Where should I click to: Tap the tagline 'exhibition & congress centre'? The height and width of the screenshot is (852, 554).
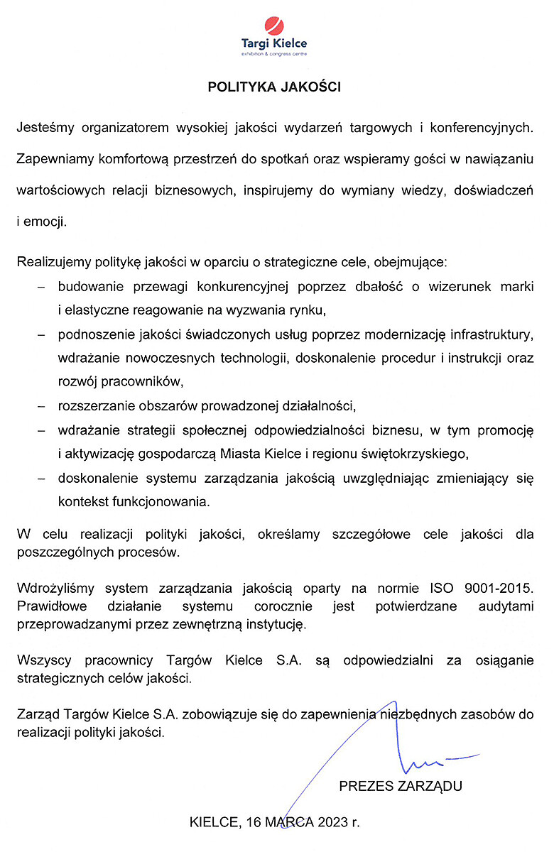tap(273, 53)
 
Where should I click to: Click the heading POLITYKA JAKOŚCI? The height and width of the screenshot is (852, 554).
tap(274, 87)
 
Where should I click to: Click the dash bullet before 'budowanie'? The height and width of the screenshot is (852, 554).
tap(42, 287)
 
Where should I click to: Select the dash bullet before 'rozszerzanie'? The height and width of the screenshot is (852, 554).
tap(42, 406)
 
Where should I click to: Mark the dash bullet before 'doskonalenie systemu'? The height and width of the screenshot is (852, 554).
tap(42, 479)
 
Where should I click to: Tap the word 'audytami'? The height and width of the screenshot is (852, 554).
tap(505, 607)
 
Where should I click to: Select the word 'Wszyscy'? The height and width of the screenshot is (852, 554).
tap(42, 661)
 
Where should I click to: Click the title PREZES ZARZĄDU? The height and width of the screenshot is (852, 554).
tap(401, 786)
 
